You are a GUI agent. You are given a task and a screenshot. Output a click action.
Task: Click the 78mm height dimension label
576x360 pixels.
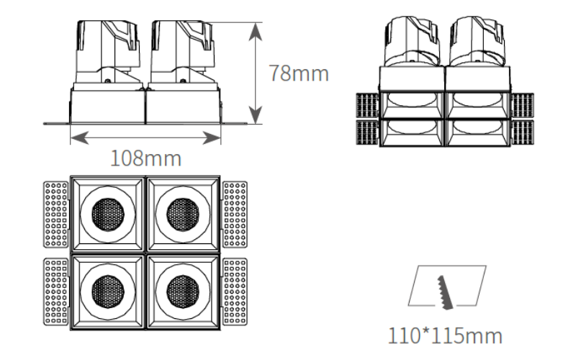click(x=299, y=73)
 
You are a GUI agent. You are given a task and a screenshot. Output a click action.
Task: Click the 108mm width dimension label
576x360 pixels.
click(x=146, y=158)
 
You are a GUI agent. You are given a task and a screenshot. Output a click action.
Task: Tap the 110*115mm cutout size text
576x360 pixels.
click(x=445, y=336)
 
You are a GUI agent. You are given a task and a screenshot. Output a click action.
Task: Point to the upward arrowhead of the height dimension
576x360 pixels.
click(x=256, y=32)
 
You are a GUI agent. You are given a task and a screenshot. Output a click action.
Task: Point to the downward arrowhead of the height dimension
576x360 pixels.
click(x=256, y=114)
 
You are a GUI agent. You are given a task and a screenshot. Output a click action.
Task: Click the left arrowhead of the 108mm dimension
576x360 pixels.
click(x=80, y=138)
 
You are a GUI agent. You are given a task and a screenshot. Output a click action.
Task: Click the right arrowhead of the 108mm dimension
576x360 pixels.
click(x=212, y=138)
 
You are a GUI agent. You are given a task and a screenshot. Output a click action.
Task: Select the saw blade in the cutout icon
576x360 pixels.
click(x=445, y=293)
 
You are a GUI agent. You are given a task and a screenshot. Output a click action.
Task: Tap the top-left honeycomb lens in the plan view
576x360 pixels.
click(x=108, y=215)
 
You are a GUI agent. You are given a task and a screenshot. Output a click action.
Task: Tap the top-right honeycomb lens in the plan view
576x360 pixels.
click(x=183, y=215)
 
